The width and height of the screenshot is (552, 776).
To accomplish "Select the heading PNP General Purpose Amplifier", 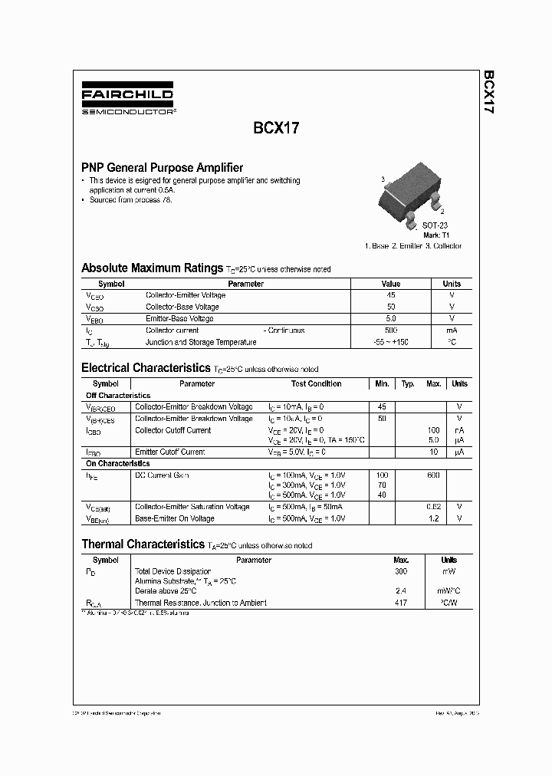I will click(163, 167).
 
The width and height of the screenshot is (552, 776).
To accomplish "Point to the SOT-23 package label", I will click(435, 225).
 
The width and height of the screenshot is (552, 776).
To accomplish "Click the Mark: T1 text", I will click(435, 235).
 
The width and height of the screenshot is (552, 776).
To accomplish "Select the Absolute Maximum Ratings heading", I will click(152, 268).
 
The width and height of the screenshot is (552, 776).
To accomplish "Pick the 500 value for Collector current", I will click(391, 330).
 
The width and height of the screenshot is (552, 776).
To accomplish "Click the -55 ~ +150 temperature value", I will click(391, 342).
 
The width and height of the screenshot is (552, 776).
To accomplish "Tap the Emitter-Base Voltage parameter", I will click(179, 319).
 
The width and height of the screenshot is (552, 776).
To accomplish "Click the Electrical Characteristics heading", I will click(146, 368).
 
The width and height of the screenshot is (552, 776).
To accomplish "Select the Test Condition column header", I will click(316, 383).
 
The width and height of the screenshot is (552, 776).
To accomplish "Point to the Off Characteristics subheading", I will click(118, 396).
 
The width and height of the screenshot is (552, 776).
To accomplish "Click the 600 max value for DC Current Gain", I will click(433, 475).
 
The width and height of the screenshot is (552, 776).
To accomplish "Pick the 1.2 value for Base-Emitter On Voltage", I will click(434, 518).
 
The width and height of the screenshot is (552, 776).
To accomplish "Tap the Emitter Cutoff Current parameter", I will click(170, 452).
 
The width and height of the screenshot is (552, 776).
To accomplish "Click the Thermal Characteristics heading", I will click(142, 544).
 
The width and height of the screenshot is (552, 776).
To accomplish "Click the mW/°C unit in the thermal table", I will click(449, 591).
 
